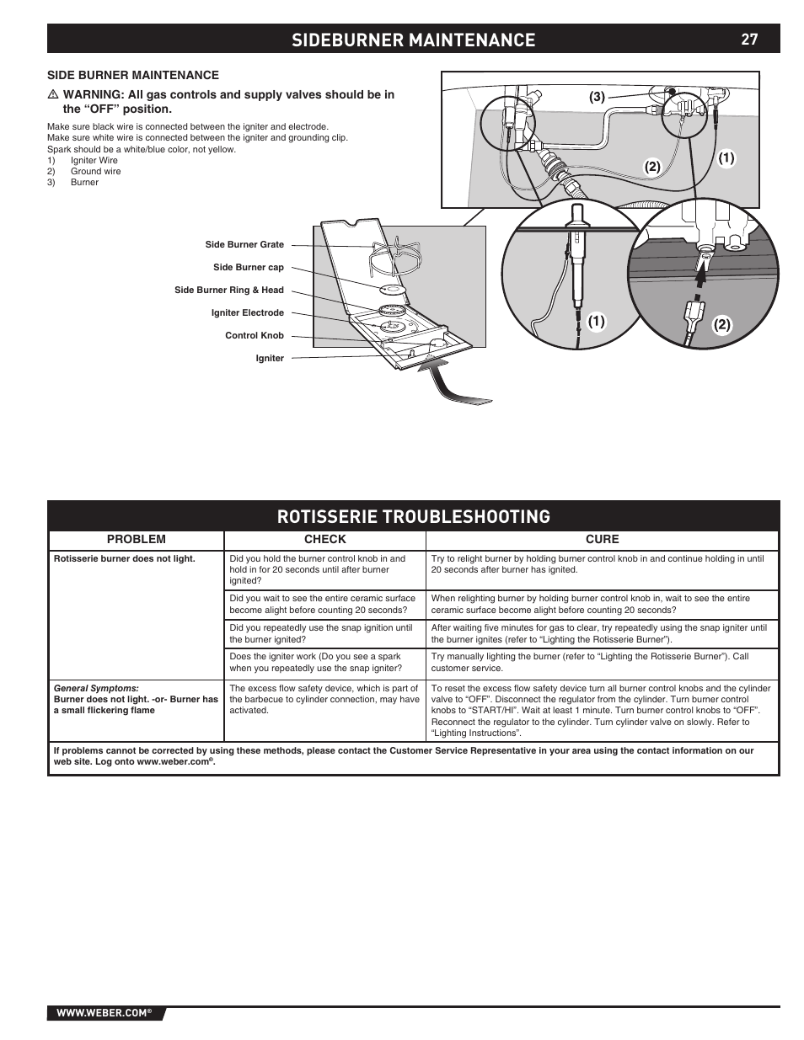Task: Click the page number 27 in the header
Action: coord(749,40)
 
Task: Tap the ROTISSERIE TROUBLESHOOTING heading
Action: coord(413,516)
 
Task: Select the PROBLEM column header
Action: coord(136,540)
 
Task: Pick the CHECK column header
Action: coord(324,540)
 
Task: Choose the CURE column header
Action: coord(602,540)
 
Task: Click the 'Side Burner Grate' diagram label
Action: coord(244,245)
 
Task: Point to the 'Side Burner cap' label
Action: coord(248,268)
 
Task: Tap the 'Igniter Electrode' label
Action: coord(247,313)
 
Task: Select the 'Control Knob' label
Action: coord(254,336)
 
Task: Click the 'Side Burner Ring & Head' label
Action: coord(228,291)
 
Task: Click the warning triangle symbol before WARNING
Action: coord(52,95)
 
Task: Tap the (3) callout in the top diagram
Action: coord(597,97)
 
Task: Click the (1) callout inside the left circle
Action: coord(597,321)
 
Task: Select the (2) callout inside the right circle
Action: coord(721,324)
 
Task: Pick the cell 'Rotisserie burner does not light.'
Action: coord(124,559)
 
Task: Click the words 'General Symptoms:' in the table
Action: coord(96,688)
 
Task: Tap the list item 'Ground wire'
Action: coord(95,171)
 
